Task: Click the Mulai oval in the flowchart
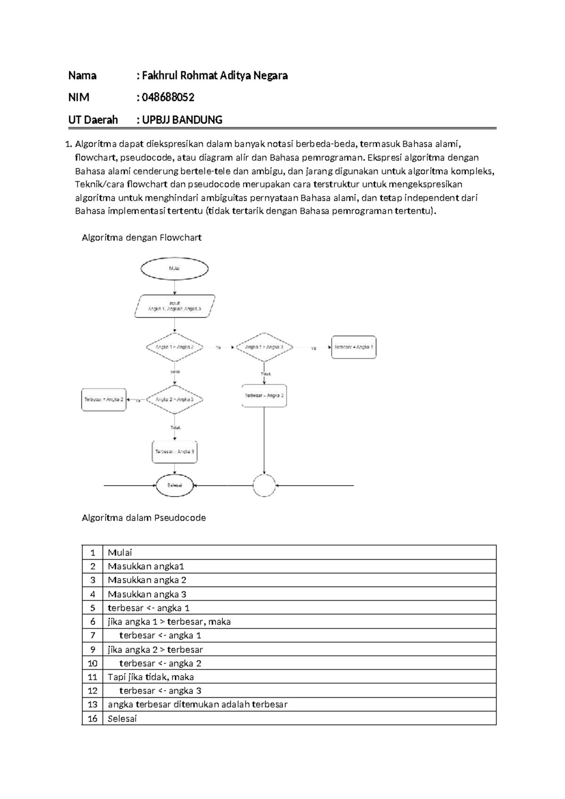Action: pyautogui.click(x=174, y=269)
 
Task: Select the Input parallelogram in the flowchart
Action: pyautogui.click(x=175, y=306)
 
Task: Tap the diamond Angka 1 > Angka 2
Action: pyautogui.click(x=175, y=347)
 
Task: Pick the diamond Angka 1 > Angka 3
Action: pyautogui.click(x=264, y=347)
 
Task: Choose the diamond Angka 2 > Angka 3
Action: pyautogui.click(x=175, y=399)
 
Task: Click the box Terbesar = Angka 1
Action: pyautogui.click(x=354, y=347)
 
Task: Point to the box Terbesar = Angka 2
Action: pyautogui.click(x=104, y=399)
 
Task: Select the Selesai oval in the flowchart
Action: pyautogui.click(x=175, y=485)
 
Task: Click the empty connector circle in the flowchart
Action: pyautogui.click(x=264, y=485)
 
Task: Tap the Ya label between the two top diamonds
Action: pyautogui.click(x=218, y=348)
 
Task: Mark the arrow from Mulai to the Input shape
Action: pyautogui.click(x=175, y=287)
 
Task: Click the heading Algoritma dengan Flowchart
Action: pyautogui.click(x=142, y=237)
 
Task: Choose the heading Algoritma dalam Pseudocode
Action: pyautogui.click(x=144, y=518)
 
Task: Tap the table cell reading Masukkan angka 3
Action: pyautogui.click(x=147, y=594)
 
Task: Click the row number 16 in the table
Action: pyautogui.click(x=92, y=718)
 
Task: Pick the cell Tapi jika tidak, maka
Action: pyautogui.click(x=151, y=677)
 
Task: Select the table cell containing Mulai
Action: pyautogui.click(x=120, y=553)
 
